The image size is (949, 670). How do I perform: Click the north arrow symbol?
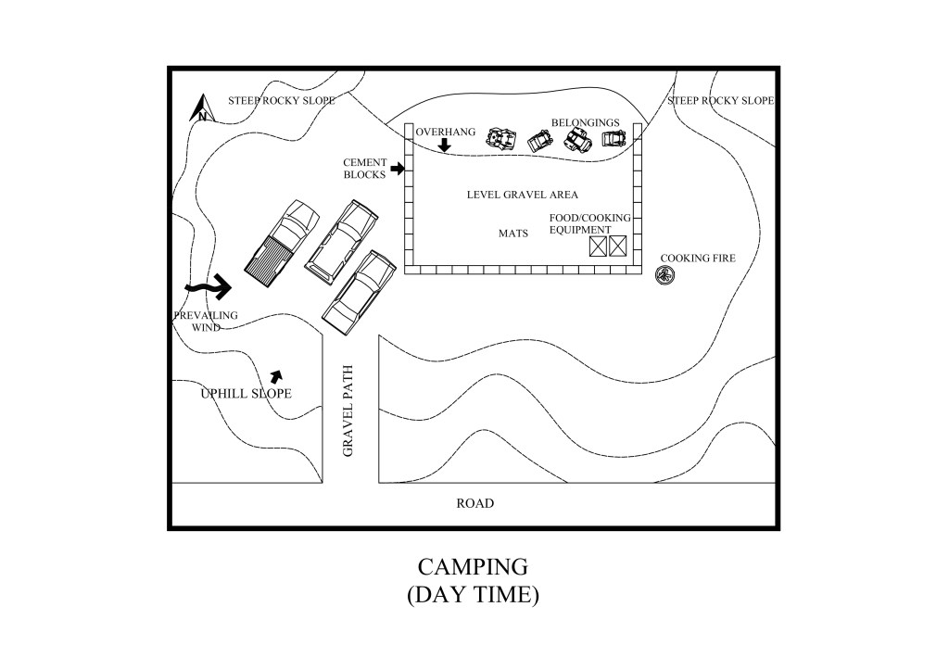[x=201, y=108]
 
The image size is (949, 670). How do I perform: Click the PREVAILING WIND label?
[x=205, y=321]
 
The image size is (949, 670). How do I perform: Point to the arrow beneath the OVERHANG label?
[x=444, y=145]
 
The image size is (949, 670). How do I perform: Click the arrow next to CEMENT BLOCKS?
[x=398, y=169]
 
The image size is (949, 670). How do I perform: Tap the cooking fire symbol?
[x=664, y=274]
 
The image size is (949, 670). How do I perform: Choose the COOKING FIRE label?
[x=697, y=258]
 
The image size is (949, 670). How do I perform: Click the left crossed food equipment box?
[x=598, y=246]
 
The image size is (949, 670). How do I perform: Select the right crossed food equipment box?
[x=618, y=246]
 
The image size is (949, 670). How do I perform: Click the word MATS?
[x=512, y=234]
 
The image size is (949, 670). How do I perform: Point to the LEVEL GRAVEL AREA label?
[x=522, y=195]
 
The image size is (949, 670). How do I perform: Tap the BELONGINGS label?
[x=585, y=122]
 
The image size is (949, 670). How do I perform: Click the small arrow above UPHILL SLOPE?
[x=275, y=375]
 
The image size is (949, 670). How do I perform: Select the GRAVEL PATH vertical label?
[x=349, y=421]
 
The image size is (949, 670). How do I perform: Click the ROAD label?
[x=474, y=503]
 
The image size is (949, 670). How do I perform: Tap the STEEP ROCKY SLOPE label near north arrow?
[x=282, y=100]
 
